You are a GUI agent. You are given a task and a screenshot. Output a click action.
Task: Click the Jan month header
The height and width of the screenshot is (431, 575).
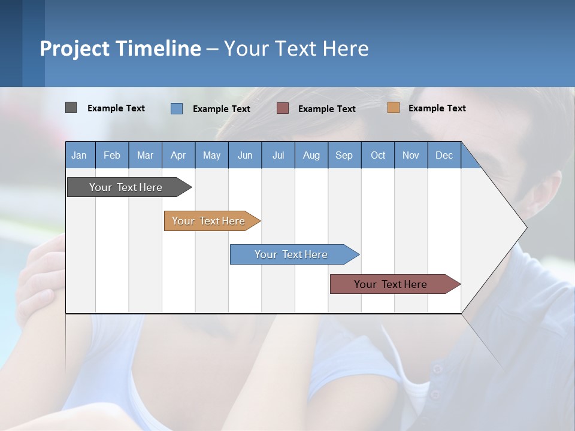point(79,155)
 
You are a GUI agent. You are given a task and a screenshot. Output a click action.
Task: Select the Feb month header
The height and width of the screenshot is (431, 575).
point(112,155)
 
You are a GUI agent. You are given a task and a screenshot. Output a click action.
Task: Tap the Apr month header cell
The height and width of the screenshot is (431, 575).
point(178,155)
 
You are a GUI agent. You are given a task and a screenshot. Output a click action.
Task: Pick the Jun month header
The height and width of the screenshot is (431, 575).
point(245,155)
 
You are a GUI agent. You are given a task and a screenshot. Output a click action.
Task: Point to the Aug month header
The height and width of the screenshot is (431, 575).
point(311,155)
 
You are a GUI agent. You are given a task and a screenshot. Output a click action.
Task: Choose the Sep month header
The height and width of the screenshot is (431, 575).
point(344,155)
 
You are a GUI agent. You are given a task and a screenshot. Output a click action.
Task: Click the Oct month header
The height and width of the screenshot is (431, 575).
point(378,155)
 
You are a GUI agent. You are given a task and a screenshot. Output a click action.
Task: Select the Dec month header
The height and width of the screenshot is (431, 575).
point(444,155)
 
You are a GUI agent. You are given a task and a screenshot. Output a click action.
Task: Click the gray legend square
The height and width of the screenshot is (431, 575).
point(71,108)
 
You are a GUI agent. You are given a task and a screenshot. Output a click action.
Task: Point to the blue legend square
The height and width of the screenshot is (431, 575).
point(177,108)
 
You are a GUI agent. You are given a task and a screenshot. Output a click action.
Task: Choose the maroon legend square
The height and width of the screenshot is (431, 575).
point(283,108)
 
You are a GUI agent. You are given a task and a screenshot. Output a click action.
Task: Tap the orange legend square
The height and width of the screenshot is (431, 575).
point(393,108)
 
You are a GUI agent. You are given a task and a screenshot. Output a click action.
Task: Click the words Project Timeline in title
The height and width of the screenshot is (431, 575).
point(120,48)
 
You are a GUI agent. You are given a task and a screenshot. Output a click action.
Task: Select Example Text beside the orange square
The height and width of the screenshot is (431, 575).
point(437,108)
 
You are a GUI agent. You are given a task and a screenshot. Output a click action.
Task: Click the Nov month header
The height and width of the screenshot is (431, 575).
point(411,155)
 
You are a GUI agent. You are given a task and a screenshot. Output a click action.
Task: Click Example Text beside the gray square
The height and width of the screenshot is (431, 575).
point(116,108)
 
